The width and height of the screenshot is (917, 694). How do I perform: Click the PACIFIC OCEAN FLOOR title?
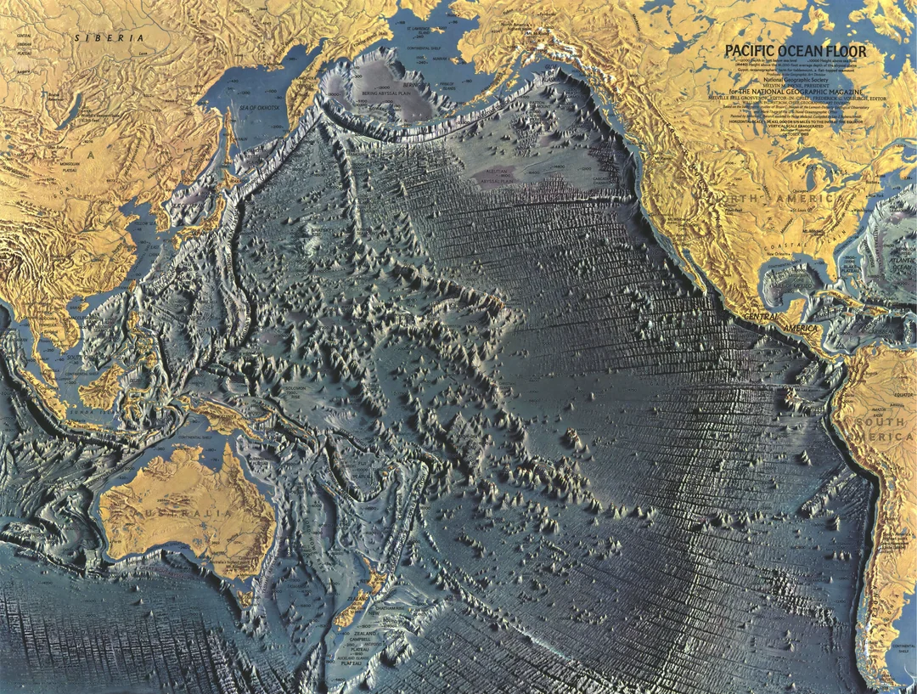point(796,52)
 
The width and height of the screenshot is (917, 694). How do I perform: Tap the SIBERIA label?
point(109,38)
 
